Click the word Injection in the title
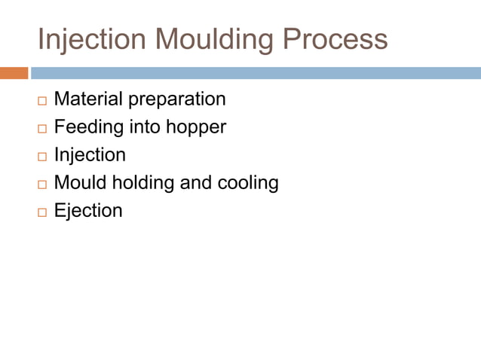pyautogui.click(x=82, y=39)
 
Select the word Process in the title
pyautogui.click(x=335, y=39)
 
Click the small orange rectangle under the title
pyautogui.click(x=14, y=73)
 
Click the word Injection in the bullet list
pyautogui.click(x=90, y=155)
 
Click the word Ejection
pyautogui.click(x=88, y=210)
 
